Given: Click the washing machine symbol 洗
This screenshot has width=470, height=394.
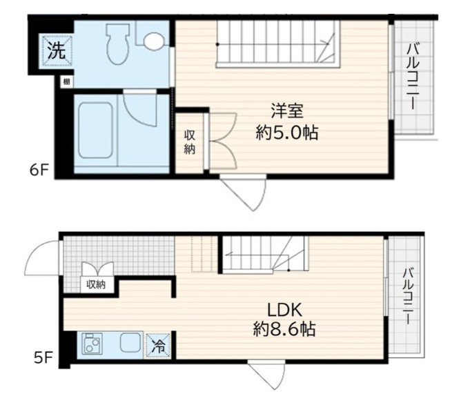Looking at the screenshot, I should (55, 50).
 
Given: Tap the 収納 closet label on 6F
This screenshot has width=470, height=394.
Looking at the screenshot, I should (190, 141).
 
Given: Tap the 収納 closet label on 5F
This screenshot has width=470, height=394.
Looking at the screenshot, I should (96, 284).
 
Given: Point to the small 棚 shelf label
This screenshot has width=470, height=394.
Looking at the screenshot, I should (66, 82).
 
